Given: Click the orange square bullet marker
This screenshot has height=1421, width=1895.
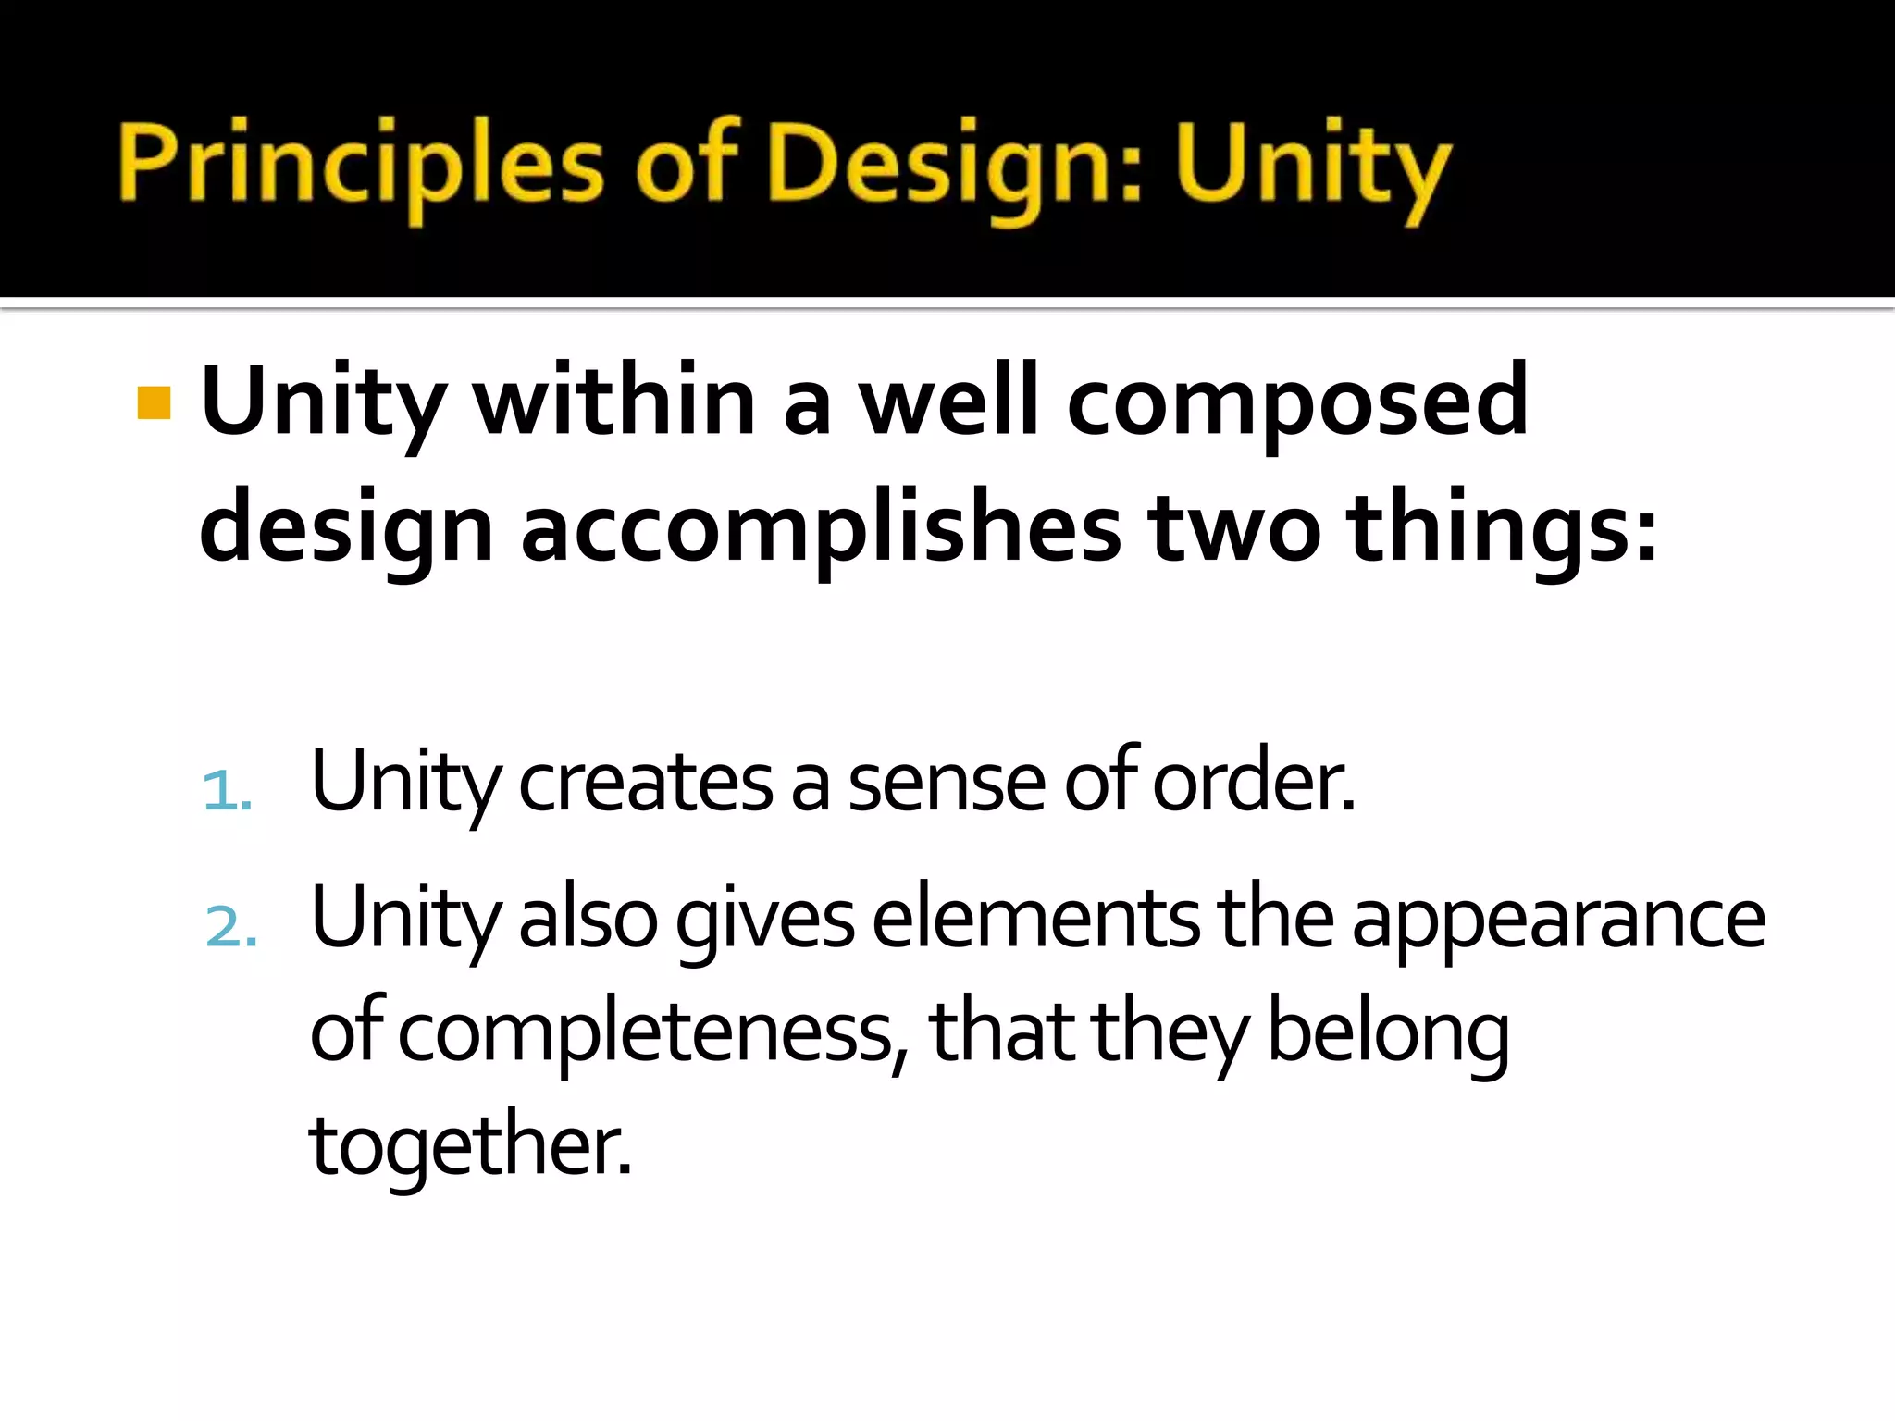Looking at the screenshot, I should pyautogui.click(x=154, y=402).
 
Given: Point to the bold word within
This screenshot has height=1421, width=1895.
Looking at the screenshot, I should pyautogui.click(x=615, y=402).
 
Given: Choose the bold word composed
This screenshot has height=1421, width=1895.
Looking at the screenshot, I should pyautogui.click(x=1296, y=402).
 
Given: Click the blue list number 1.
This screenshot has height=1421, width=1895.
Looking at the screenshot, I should pyautogui.click(x=227, y=792).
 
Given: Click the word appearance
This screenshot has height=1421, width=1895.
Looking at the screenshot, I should pyautogui.click(x=1558, y=921).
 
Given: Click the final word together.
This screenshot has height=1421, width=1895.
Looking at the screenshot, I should pyautogui.click(x=470, y=1147).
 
